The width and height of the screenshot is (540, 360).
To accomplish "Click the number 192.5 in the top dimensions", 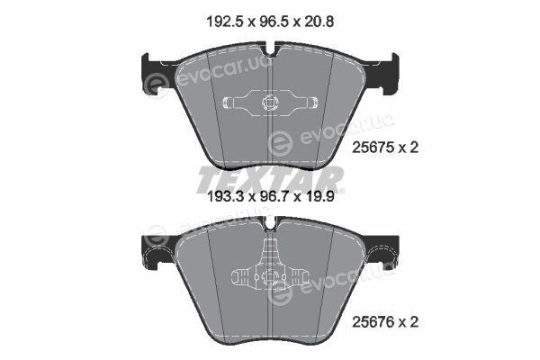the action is (x=225, y=22).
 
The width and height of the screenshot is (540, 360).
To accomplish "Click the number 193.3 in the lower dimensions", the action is (x=225, y=197).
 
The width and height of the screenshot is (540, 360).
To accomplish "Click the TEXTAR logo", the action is (x=270, y=179).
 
